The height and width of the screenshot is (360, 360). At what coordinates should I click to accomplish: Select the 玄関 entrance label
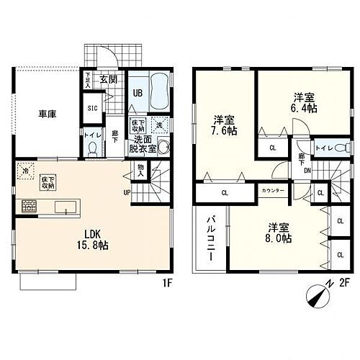tap(108, 80)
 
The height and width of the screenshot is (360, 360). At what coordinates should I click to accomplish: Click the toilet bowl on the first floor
tap(91, 148)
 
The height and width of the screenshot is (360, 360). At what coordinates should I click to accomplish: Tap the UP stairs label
tap(127, 192)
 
